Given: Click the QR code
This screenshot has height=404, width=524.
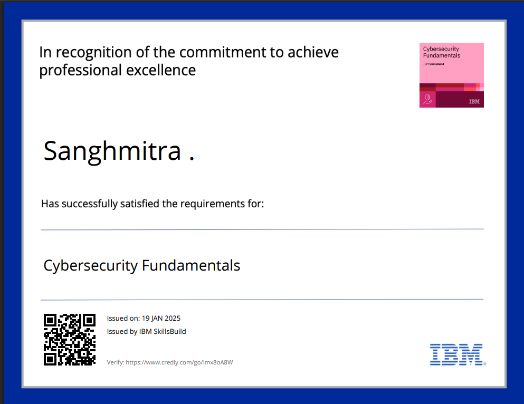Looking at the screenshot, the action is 70,340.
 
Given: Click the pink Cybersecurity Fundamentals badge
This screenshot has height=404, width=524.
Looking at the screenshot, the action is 452,75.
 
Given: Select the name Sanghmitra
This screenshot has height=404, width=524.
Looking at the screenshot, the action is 112,152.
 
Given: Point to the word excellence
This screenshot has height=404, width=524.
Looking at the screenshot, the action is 161,70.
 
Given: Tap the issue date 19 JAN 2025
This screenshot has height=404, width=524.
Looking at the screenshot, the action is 161,318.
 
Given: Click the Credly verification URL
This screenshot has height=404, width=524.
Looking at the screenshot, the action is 179,363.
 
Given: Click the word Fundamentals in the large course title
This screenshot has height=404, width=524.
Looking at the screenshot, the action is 191,266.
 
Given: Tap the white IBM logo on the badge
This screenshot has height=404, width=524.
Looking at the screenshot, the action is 474,101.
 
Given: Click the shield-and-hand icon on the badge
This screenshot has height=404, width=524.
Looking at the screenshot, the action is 427,100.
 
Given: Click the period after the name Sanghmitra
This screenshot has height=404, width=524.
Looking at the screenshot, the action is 192,159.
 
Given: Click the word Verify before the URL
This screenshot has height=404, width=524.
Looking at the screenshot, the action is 115,363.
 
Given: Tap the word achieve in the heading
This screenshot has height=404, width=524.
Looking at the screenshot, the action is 313,52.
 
